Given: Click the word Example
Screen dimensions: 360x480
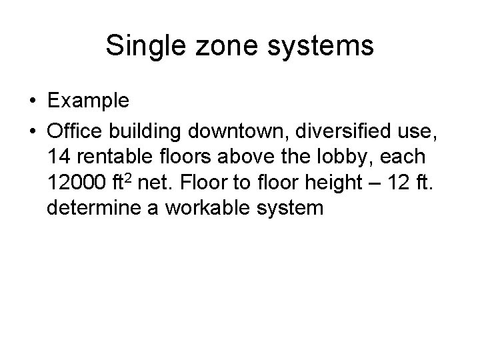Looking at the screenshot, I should [89, 101].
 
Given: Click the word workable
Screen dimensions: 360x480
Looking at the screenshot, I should [217, 208].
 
